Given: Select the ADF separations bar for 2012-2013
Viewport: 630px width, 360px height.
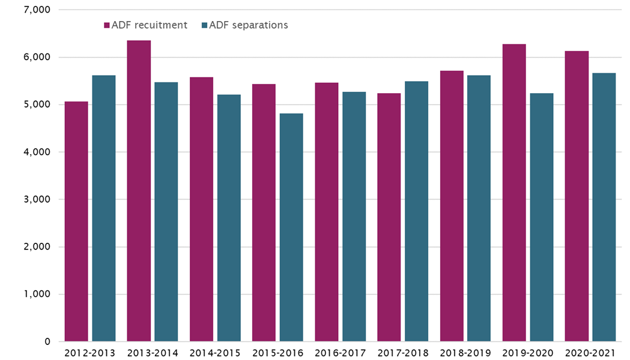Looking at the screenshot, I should coord(104,208).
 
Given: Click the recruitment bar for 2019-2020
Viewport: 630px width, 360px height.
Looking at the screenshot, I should coord(514,192).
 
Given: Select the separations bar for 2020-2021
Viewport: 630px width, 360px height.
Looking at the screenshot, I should coord(604,207).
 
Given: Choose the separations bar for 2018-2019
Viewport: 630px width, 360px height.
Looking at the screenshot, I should coord(479,208).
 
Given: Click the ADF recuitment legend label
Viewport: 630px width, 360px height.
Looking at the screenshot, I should coord(150,25).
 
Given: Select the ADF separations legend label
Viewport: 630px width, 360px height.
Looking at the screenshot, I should coord(248,25).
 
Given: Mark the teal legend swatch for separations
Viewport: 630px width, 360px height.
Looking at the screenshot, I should coord(204,25).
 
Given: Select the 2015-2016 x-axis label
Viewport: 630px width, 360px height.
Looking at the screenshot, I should coord(277,353).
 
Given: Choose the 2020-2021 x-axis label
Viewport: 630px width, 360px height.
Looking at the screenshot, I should coord(590,353).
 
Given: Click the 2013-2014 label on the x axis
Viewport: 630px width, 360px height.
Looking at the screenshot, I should coord(153,353).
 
